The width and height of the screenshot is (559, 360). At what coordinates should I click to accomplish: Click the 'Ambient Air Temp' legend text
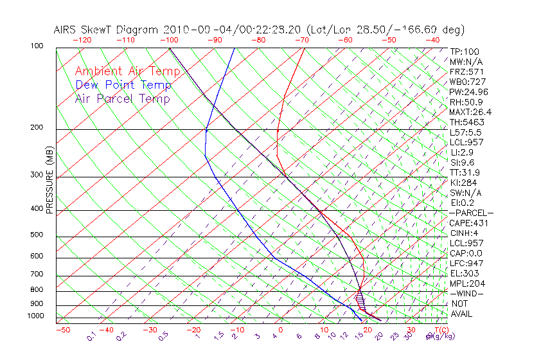(127, 71)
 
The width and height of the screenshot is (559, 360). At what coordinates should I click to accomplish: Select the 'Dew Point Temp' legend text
(123, 85)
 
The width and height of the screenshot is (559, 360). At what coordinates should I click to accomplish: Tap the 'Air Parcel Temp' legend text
(122, 98)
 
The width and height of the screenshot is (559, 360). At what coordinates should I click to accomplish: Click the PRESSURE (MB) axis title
(49, 181)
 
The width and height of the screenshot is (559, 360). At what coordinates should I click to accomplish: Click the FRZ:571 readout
(466, 71)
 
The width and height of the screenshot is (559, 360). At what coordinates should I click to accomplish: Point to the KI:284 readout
(463, 183)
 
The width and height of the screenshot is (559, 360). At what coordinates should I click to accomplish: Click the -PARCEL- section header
(471, 213)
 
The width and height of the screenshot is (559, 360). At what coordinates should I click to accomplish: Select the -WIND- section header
(466, 293)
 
